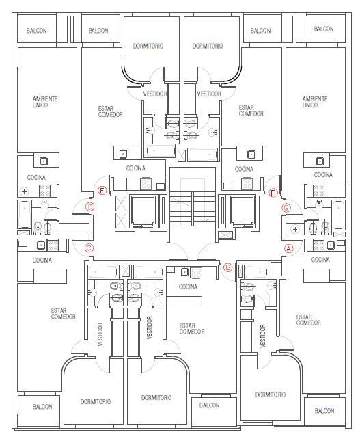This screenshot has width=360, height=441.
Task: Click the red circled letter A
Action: tap(289, 249)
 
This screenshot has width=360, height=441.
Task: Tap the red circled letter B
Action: tap(227, 267)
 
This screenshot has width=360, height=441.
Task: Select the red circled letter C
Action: tap(89, 248)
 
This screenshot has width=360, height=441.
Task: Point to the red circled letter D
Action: tap(89, 207)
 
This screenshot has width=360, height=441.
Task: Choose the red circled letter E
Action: tap(102, 191)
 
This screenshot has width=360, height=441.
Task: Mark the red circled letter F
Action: tap(273, 193)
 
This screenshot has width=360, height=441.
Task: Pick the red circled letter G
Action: tap(286, 208)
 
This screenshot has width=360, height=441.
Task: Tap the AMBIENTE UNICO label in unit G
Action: tap(315, 102)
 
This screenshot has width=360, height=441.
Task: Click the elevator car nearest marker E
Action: tap(143, 210)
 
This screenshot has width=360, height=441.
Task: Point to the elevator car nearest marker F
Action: tap(243, 210)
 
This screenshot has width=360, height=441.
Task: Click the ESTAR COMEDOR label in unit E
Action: tap(110, 111)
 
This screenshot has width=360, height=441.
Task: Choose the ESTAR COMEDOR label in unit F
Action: tap(251, 111)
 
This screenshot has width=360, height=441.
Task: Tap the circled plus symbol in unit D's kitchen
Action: tap(25, 192)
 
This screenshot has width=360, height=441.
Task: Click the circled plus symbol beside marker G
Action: tap(295, 230)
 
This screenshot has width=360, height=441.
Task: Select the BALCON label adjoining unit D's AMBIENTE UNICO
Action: tap(36, 30)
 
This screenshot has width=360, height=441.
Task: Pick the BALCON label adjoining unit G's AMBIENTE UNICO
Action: tap(324, 29)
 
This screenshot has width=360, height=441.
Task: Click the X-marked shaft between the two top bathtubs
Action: tap(182, 155)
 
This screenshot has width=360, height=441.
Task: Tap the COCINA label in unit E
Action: tap(136, 168)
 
